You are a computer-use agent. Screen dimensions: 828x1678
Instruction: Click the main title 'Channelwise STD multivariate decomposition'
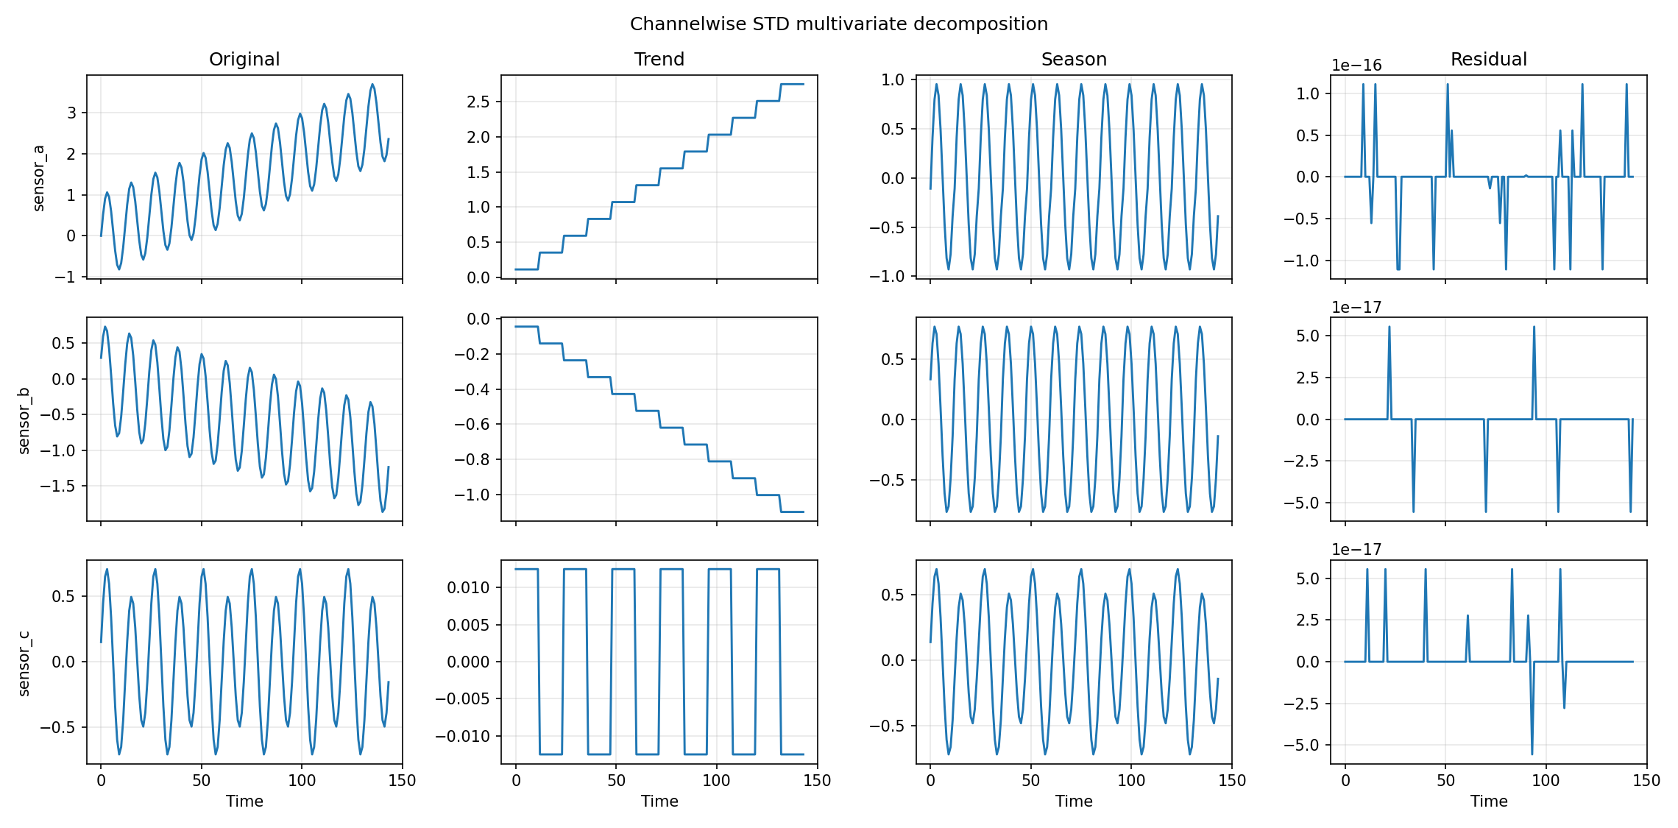tap(838, 24)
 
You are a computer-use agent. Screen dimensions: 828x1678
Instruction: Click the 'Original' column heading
tap(244, 60)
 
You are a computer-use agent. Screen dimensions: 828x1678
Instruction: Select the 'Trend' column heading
tap(659, 60)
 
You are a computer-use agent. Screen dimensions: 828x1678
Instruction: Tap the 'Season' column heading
tap(1073, 60)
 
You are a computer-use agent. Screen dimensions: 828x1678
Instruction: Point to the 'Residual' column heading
tap(1488, 60)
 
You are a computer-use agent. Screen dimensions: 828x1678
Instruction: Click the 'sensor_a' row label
tap(39, 177)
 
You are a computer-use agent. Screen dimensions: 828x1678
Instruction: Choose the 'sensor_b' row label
tap(24, 420)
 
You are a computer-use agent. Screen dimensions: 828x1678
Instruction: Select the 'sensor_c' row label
tap(24, 662)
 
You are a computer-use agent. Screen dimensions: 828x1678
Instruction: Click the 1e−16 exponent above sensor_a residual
tap(1356, 66)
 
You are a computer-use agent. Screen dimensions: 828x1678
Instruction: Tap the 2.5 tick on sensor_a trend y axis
tap(478, 102)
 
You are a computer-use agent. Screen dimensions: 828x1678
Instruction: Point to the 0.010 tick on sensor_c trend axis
tap(468, 587)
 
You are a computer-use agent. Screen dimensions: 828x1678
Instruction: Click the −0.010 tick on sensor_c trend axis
tap(463, 736)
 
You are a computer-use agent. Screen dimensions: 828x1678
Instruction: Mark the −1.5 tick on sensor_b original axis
tap(57, 486)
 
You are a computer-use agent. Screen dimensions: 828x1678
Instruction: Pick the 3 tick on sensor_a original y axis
tap(71, 113)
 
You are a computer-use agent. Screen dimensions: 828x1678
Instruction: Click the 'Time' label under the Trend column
tap(659, 802)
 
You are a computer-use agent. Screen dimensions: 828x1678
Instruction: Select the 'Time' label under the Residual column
tap(1488, 802)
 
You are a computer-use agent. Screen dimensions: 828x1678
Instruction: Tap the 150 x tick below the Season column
tap(1232, 781)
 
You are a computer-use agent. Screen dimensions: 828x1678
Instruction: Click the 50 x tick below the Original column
tap(201, 781)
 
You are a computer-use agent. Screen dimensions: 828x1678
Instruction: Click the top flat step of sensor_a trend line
tap(792, 85)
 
